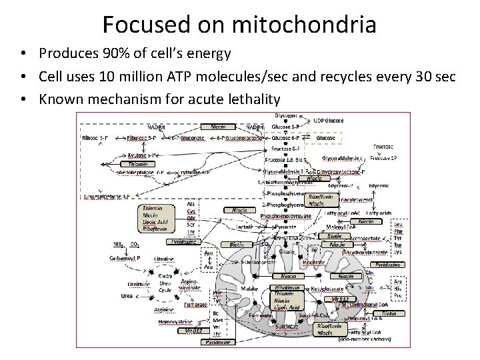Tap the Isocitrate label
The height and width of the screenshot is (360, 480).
coord(313,263)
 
